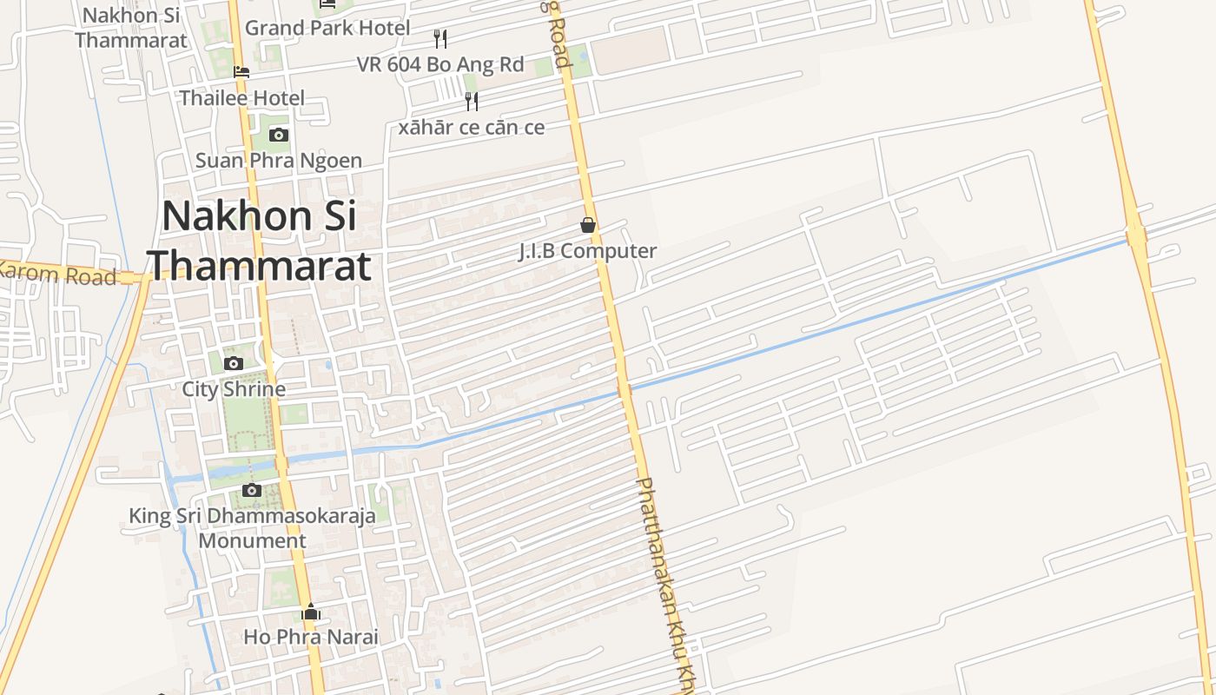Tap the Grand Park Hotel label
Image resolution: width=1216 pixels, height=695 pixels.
pos(327,28)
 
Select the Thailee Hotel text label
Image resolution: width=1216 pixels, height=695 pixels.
pos(241,98)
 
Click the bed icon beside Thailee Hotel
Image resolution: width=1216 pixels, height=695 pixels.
pos(241,71)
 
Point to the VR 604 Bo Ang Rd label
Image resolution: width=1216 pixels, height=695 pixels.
pos(440,64)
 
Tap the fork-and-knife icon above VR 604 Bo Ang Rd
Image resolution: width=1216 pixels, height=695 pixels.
pos(440,38)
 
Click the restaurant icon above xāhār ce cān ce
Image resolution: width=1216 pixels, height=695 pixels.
pos(472,101)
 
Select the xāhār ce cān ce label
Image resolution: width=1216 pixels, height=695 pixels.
pos(472,128)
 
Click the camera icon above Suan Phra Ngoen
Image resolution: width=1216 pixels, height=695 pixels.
pos(279,135)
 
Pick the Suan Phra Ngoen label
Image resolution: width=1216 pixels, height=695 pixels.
pos(279,161)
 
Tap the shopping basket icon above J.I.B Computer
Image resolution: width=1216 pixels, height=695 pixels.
pos(588,225)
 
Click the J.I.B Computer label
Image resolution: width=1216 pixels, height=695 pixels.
pos(588,251)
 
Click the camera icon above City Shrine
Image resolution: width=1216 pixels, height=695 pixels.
pos(234,363)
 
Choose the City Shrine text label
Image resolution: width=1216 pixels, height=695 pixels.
pos(234,389)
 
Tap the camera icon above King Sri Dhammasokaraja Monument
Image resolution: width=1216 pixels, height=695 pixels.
pos(252,490)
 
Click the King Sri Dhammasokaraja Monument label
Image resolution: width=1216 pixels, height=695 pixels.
pos(252,528)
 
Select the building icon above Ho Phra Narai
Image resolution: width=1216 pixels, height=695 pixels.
pos(311,612)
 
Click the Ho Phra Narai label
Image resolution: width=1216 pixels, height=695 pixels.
pos(311,637)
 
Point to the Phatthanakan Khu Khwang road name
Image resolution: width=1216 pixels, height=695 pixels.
pos(668,582)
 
